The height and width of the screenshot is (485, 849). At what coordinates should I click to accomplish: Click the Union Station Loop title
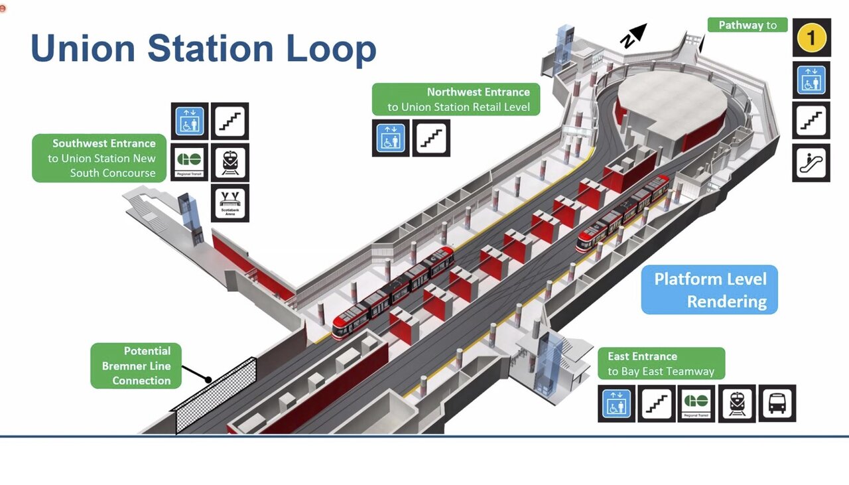tap(203, 48)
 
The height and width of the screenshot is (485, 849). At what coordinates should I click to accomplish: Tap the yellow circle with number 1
tap(811, 38)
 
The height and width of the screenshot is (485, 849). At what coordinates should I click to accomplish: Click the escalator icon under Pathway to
tap(811, 163)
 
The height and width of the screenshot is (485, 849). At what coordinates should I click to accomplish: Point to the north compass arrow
tap(634, 35)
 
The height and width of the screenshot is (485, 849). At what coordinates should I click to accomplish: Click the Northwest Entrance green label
tap(455, 100)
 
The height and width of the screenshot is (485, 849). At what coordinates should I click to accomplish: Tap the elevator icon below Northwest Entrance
tap(391, 138)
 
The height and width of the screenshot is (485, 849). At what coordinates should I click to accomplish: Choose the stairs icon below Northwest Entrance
tap(431, 138)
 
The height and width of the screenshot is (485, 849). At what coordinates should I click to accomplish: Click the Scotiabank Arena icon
tap(230, 203)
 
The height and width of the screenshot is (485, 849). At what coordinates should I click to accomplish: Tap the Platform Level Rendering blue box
tap(709, 290)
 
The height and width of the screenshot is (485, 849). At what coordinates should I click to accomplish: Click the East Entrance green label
tap(661, 364)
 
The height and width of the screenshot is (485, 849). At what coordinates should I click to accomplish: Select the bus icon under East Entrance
tap(777, 403)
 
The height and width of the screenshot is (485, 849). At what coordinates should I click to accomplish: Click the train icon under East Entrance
tap(737, 403)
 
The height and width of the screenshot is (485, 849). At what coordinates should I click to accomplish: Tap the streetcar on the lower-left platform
tap(392, 293)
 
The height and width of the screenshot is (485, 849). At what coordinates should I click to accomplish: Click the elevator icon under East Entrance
tap(616, 403)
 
